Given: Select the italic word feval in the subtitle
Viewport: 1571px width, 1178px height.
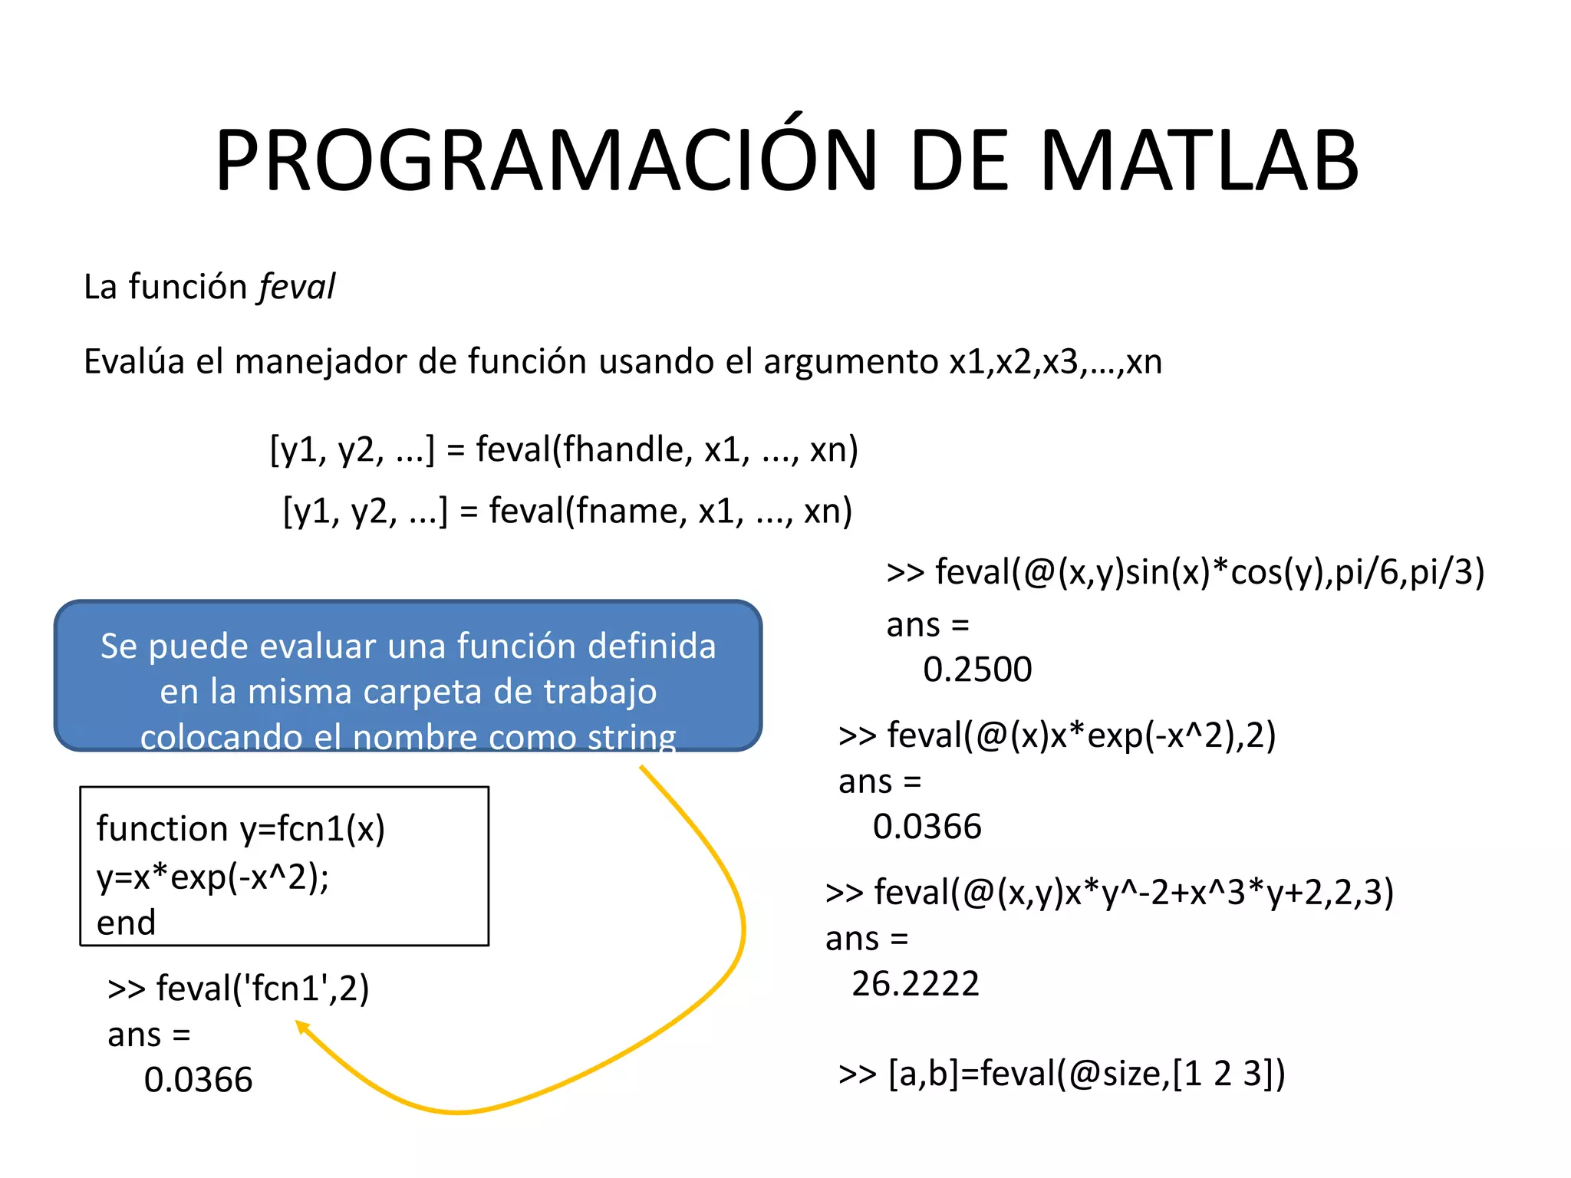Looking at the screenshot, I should click(x=298, y=287).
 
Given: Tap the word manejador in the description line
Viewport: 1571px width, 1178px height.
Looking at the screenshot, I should click(x=320, y=361).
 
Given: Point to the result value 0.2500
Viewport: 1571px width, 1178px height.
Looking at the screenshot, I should click(x=977, y=670).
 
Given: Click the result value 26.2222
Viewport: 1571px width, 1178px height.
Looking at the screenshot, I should click(x=915, y=984).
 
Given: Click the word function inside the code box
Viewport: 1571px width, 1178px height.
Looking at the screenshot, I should click(x=163, y=829).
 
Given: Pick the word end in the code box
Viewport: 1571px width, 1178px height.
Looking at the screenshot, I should click(x=126, y=923).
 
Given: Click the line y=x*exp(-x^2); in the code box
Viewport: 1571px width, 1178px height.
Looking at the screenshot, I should click(x=212, y=877).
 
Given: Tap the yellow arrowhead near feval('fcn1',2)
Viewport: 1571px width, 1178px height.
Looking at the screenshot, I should click(x=301, y=1027).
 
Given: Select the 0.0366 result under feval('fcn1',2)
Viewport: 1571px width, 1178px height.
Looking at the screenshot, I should click(x=198, y=1080).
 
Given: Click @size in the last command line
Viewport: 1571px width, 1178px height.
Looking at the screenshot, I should click(x=1115, y=1074).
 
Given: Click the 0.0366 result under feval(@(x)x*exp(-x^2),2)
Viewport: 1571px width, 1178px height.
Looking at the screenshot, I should click(x=927, y=827).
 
